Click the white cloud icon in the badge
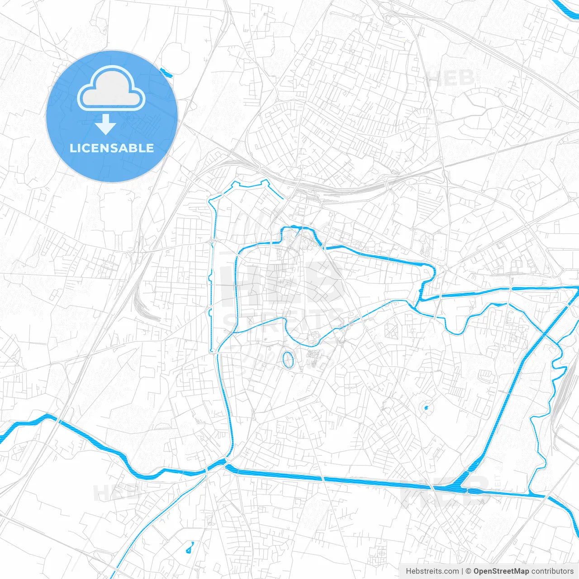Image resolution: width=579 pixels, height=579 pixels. click(x=111, y=88)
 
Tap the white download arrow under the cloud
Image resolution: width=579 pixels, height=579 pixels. click(x=106, y=124)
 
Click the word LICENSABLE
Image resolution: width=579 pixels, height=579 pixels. click(x=112, y=148)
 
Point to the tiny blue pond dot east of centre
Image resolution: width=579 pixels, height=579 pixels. click(x=426, y=408)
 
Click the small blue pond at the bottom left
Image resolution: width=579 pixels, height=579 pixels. click(x=190, y=548)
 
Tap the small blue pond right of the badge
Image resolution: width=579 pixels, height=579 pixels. click(x=166, y=71)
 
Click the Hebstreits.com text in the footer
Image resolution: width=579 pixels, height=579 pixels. click(x=432, y=571)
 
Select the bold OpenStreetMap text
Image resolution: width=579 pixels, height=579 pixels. click(x=501, y=571)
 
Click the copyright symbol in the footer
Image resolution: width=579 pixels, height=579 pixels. click(x=469, y=571)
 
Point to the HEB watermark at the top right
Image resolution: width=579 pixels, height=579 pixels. click(x=451, y=78)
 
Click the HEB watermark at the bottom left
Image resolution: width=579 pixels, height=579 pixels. click(x=115, y=492)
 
